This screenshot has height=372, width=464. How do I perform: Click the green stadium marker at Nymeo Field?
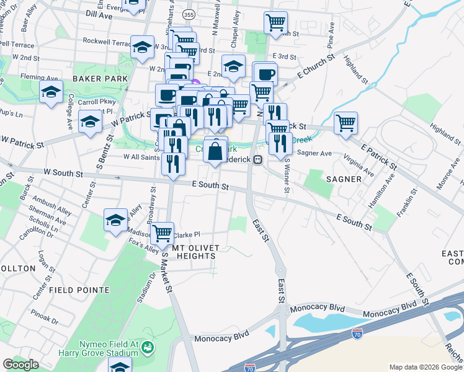pyautogui.click(x=148, y=348)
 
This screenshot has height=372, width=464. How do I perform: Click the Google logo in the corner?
pyautogui.click(x=20, y=365)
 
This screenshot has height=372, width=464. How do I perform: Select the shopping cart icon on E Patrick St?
pyautogui.click(x=346, y=122)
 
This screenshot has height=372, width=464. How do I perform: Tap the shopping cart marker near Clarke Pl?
pyautogui.click(x=162, y=233)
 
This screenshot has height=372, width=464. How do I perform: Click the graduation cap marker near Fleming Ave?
pyautogui.click(x=51, y=92)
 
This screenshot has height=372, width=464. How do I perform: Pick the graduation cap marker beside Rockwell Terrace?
pyautogui.click(x=142, y=47)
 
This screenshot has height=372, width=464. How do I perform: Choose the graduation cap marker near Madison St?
pyautogui.click(x=115, y=220)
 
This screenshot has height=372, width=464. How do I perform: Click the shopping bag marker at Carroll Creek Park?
pyautogui.click(x=215, y=150)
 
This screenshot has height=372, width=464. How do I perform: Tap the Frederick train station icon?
pyautogui.click(x=257, y=159)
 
